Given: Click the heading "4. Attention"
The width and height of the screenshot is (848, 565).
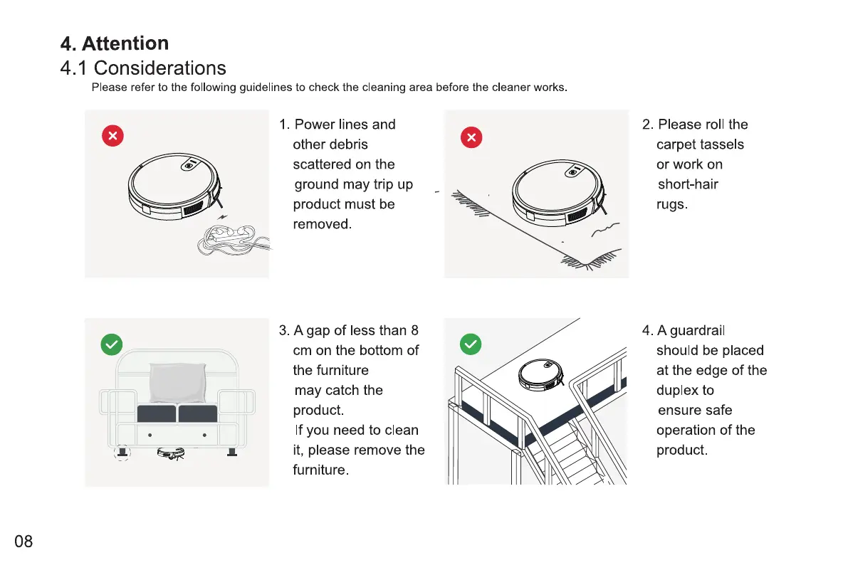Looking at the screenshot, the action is (115, 44).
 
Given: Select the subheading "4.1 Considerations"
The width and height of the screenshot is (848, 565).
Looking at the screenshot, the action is (143, 68).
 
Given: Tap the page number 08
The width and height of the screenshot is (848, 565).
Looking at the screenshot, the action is (23, 542).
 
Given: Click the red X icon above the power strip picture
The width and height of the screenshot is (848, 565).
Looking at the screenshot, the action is (112, 135).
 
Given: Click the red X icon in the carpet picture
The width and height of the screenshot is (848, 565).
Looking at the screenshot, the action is (471, 137).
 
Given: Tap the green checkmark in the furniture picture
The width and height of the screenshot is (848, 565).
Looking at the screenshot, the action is (112, 344).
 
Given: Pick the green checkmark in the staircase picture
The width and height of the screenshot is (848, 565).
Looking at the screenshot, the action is (471, 344).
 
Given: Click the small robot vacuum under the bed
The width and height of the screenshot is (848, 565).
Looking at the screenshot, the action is (171, 452).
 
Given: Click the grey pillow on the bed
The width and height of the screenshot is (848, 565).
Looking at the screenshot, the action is (177, 384).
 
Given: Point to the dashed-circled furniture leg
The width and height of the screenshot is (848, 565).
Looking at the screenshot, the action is (122, 452).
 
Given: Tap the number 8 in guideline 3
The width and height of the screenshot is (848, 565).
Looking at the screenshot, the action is (415, 330).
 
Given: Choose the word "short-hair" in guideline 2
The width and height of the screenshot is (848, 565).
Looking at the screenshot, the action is (687, 184).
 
